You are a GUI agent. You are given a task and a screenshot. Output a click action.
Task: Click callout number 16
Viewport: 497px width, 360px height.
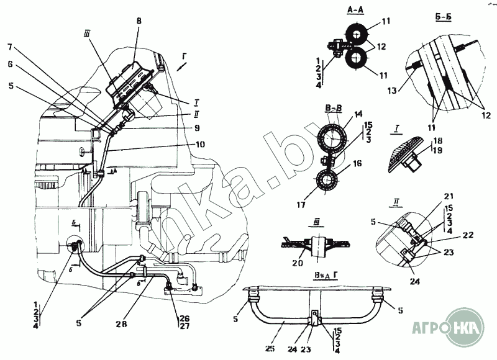pos(357,165)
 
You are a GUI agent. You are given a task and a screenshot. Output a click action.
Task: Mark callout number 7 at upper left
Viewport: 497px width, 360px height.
pos(10,47)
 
